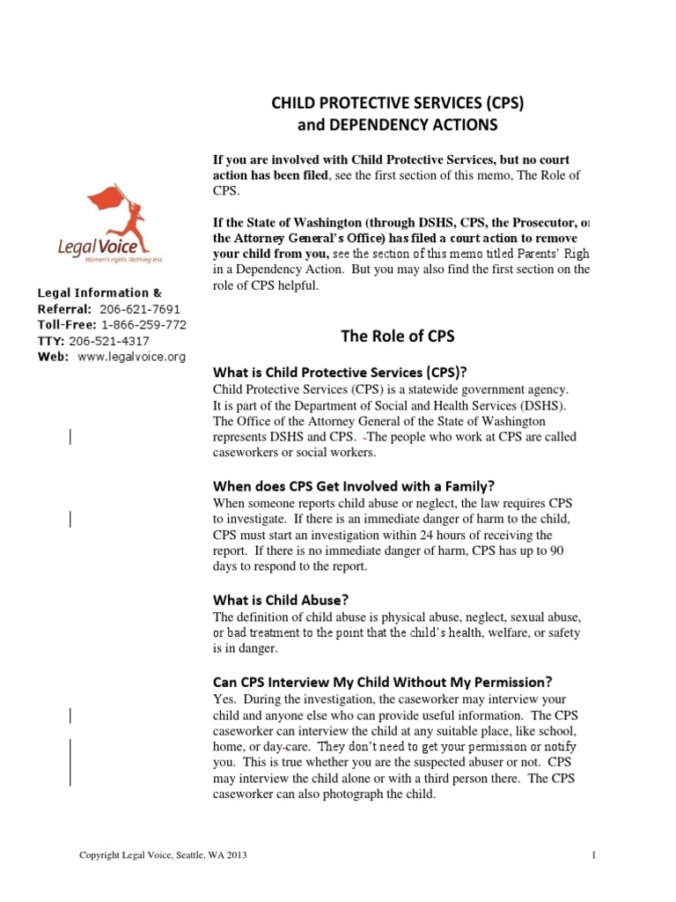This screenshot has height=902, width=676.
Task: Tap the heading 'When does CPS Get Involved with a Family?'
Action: (355, 485)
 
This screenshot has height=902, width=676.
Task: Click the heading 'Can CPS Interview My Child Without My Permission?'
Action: (383, 681)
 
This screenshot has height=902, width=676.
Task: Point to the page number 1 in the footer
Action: (595, 855)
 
